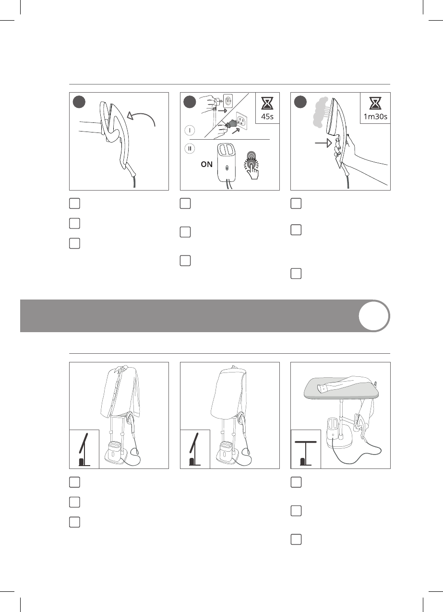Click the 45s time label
click(267, 116)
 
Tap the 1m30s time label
click(375, 116)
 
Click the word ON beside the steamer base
click(206, 164)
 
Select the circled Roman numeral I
click(190, 130)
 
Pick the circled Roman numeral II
click(190, 149)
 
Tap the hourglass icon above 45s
click(267, 103)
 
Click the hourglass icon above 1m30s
click(375, 103)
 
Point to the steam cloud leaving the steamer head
click(322, 113)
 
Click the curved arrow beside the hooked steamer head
click(142, 118)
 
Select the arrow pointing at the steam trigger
click(323, 143)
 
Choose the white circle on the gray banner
click(374, 316)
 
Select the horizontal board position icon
click(306, 453)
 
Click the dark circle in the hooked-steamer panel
click(79, 102)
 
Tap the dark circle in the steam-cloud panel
click(300, 102)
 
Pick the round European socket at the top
click(228, 100)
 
